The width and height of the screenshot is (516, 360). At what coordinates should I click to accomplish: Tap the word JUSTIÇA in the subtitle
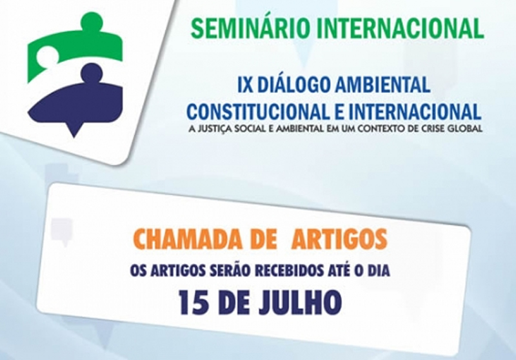click(x=214, y=128)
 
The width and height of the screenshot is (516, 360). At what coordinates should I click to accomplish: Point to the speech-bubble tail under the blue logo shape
click(x=74, y=130)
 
